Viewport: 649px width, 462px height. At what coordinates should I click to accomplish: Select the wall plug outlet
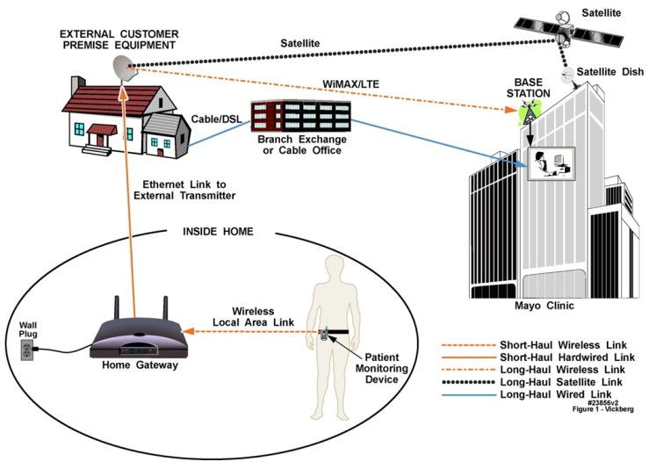[26, 350]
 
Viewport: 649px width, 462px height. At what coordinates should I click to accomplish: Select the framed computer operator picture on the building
[550, 162]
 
